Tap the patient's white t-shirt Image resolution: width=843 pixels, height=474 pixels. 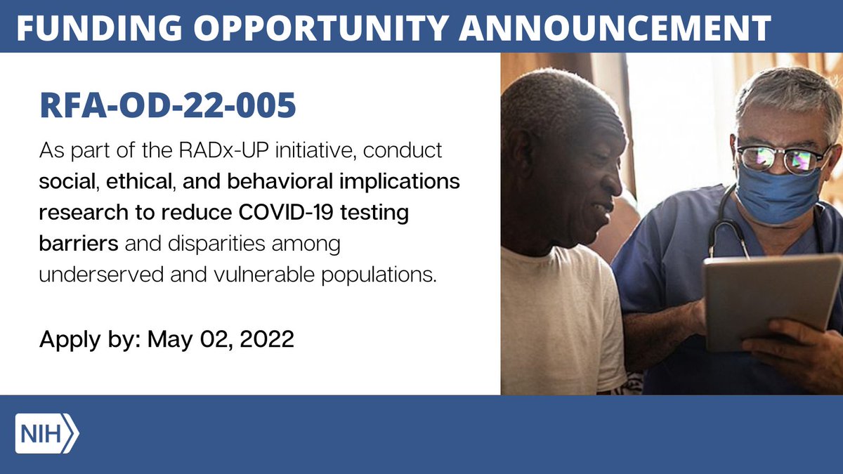(555, 316)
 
